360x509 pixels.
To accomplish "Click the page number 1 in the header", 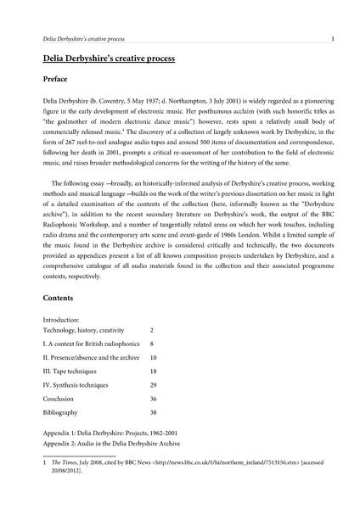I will [x=332, y=38].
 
